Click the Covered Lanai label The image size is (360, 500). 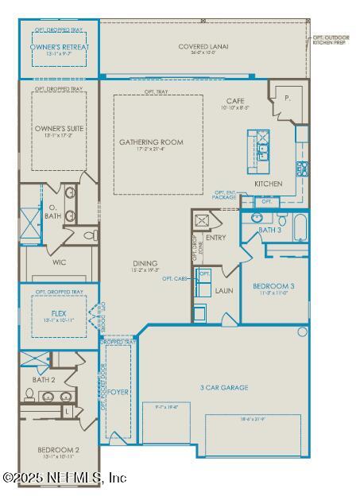[x=203, y=47]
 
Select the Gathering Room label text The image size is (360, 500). [x=151, y=142]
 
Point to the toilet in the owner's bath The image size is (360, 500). [x=90, y=235]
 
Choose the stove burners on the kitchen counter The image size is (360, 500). [x=302, y=168]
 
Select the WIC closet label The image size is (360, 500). [x=58, y=262]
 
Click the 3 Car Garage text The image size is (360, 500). [x=223, y=387]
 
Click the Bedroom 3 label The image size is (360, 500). [x=274, y=285]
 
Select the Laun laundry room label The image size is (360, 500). [x=224, y=291]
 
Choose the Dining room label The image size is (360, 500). [x=145, y=263]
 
